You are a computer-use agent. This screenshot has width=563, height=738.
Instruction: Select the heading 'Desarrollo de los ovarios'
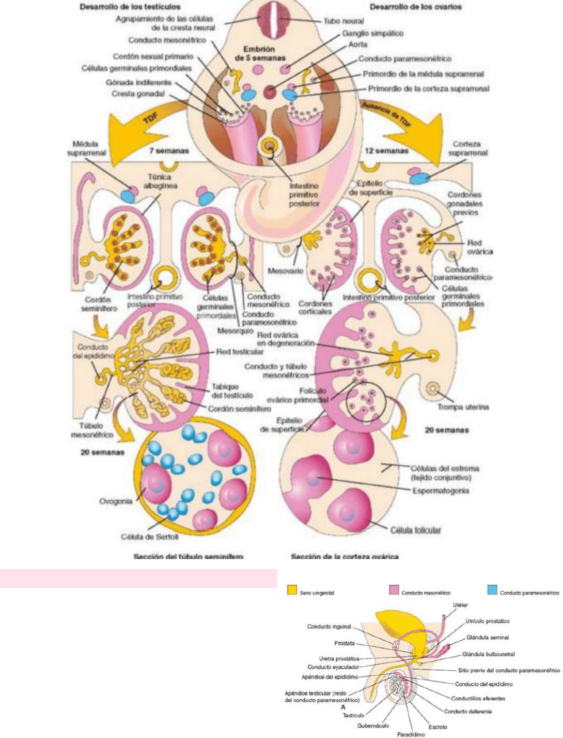pos(416,7)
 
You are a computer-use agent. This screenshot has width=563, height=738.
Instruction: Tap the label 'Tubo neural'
pos(343,21)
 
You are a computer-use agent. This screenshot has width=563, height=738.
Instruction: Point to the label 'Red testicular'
pos(240,351)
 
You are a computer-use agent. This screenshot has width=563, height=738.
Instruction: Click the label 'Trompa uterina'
pos(463,407)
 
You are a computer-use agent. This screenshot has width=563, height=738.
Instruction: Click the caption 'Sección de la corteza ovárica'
pos(345,557)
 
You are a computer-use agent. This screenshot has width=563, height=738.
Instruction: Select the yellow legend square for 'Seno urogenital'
pos(292,590)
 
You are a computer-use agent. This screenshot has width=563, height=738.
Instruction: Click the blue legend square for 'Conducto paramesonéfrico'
pos(492,590)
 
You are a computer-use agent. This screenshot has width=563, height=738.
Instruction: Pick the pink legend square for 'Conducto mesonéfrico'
pos(394,590)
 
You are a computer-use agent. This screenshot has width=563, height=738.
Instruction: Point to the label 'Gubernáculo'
pos(373,725)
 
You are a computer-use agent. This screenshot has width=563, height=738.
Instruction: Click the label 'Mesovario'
pos(281,270)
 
